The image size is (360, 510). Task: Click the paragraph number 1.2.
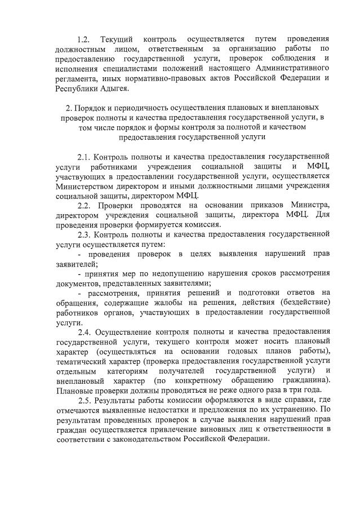pos(83,40)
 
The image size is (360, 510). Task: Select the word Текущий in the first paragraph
pos(117,40)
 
